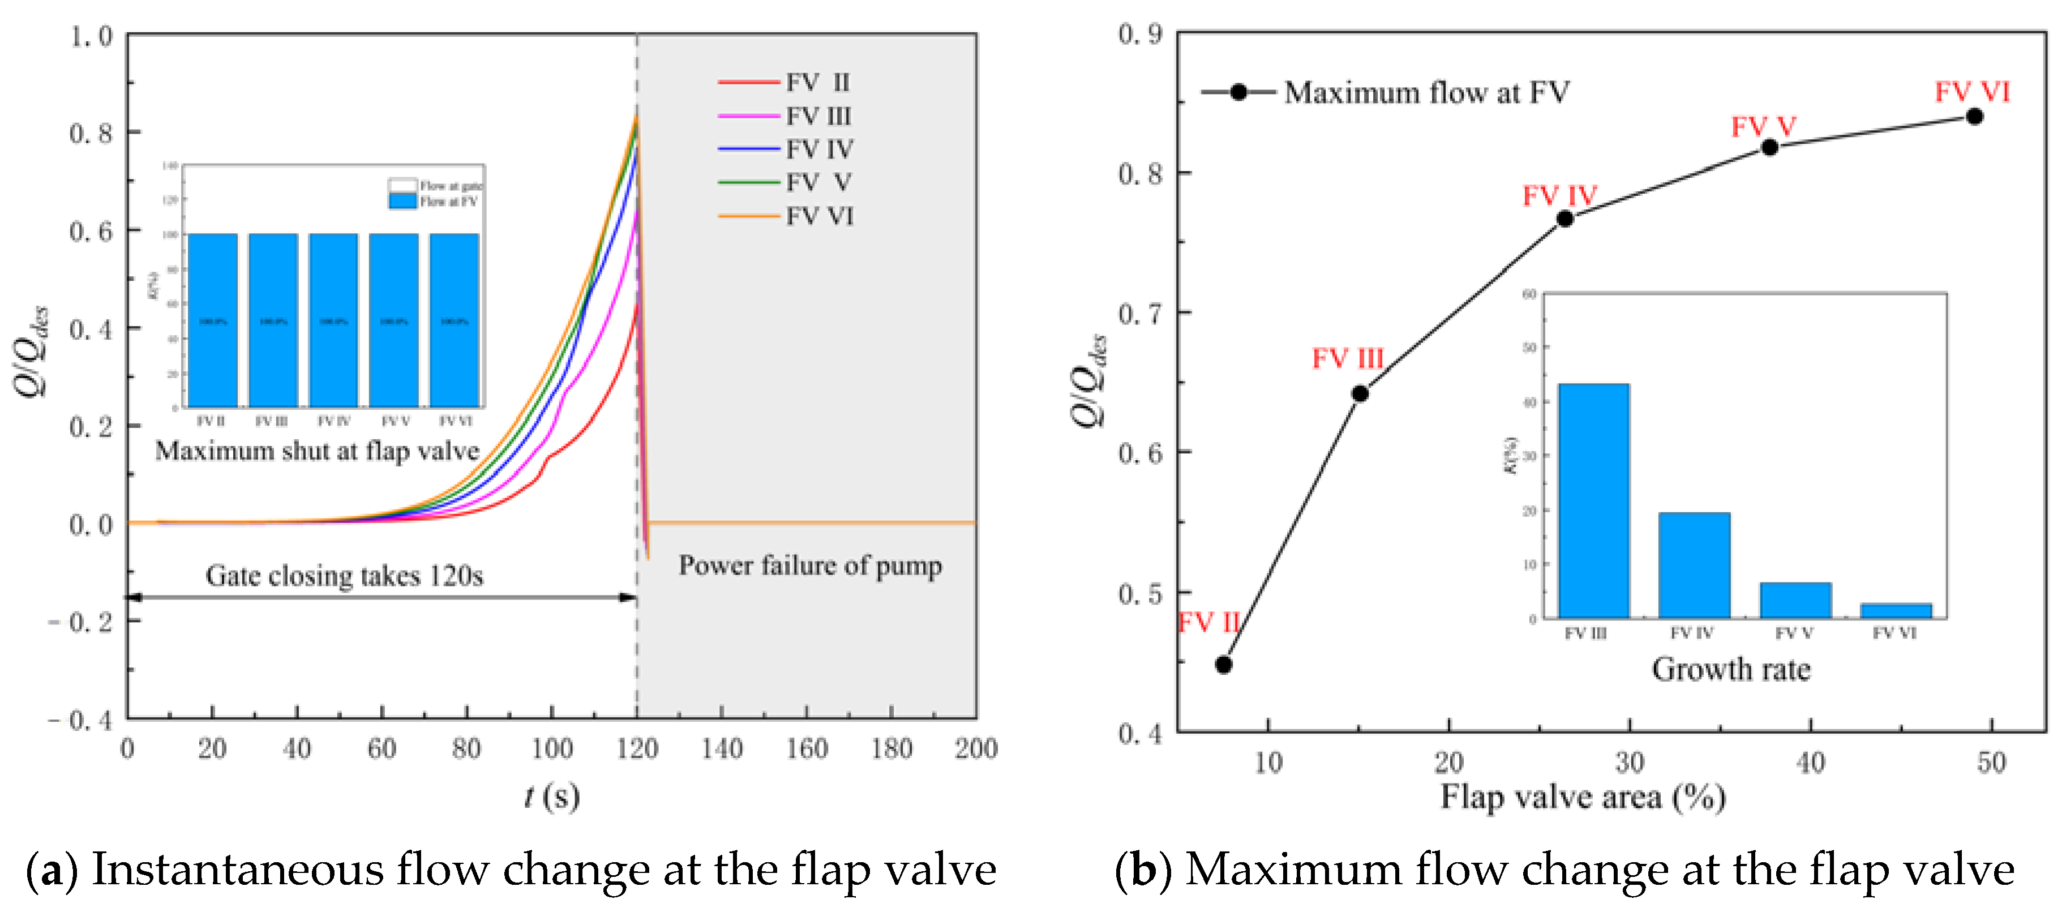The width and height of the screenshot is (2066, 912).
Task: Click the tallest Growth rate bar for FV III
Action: tap(1593, 502)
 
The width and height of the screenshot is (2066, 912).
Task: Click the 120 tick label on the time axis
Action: tap(637, 748)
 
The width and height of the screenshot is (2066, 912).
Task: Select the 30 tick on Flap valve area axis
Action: tap(1629, 761)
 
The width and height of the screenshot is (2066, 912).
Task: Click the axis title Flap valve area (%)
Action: tap(1583, 797)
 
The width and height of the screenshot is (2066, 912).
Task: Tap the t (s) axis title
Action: tap(552, 797)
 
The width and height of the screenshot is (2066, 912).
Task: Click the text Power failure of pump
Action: tap(810, 566)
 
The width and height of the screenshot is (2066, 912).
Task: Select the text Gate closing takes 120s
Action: tap(344, 575)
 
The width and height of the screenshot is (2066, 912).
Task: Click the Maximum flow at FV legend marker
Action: tap(1238, 92)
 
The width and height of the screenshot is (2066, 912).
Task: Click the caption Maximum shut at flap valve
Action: tap(317, 451)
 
